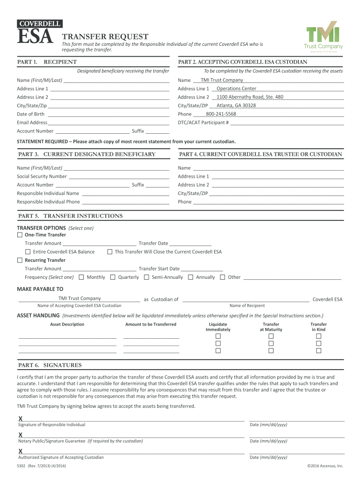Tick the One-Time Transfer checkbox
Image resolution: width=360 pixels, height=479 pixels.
20,235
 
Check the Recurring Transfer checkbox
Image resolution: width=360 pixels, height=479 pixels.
20,260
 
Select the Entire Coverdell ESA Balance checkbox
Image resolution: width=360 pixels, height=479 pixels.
28,252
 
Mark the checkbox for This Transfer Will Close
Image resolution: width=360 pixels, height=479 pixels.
109,252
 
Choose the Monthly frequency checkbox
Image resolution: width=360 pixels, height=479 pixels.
81,277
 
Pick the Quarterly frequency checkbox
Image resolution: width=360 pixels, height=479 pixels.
113,277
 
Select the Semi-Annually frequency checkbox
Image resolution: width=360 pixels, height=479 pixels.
146,277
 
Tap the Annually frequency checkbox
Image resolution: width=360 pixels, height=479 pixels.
190,277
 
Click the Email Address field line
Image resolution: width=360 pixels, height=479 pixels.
108,123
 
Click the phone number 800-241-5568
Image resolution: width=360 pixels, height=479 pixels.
221,114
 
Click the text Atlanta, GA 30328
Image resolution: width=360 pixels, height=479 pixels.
236,105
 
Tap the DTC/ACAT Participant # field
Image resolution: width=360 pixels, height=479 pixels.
287,123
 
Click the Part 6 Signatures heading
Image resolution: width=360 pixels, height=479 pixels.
50,365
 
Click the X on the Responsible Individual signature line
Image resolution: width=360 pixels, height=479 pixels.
21,418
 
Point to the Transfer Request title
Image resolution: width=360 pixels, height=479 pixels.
105,36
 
